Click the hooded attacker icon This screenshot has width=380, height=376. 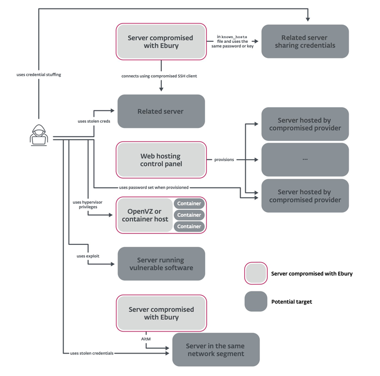39,135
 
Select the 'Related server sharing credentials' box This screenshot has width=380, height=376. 305,41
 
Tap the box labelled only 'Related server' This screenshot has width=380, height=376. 161,111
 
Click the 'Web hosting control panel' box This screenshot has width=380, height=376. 161,160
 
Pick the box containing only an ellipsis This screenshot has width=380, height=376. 305,159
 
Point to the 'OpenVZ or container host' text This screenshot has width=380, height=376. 145,215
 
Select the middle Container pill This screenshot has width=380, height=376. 189,215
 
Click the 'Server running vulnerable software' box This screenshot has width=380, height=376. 161,264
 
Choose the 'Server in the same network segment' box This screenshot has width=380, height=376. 215,350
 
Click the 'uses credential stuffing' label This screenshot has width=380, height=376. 39,75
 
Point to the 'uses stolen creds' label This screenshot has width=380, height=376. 93,122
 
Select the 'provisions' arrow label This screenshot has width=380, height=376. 224,160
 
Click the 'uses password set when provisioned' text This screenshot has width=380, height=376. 153,187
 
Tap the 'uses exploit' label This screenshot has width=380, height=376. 88,256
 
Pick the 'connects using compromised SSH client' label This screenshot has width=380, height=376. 159,76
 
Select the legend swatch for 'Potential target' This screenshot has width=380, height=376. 256,301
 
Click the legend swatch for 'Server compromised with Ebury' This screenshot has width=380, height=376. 256,273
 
